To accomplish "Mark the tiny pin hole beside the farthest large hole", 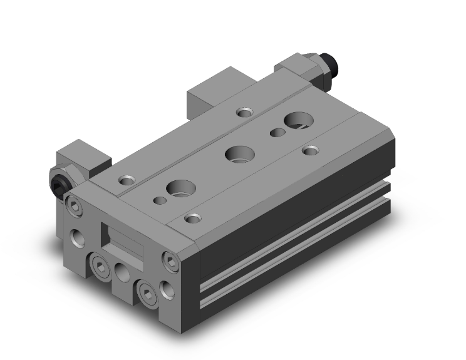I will click(x=274, y=132).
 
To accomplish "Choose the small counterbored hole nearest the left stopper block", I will click(x=127, y=180).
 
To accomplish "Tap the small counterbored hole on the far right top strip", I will click(x=309, y=150).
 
